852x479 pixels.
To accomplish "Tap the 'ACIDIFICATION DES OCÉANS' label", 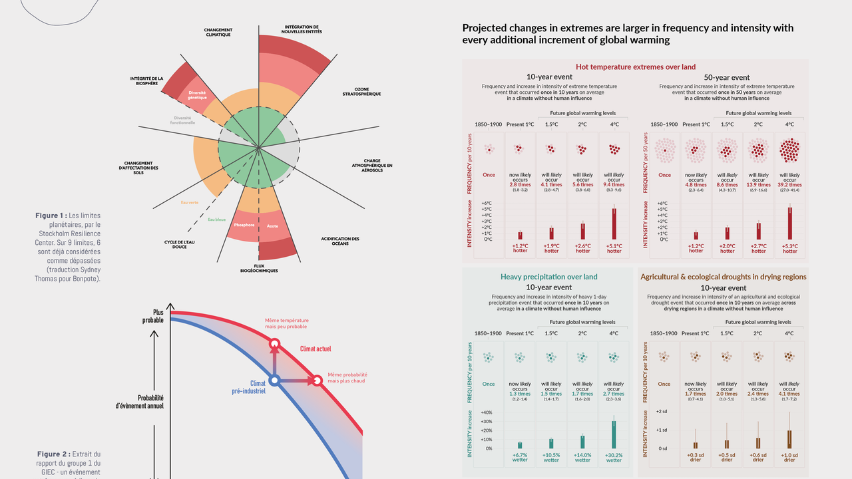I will click(x=339, y=241).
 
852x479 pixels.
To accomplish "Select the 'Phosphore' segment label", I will click(x=244, y=225).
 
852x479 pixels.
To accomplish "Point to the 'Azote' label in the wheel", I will click(x=272, y=226).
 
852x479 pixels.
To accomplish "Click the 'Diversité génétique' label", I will click(x=197, y=95).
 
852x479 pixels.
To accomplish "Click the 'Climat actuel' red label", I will click(x=316, y=349).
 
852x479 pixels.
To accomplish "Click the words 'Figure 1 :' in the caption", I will click(x=51, y=216).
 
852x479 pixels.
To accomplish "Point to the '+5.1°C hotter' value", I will click(x=614, y=248).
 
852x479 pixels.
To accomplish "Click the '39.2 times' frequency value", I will click(x=789, y=185).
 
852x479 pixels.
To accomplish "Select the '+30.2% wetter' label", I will click(x=614, y=457).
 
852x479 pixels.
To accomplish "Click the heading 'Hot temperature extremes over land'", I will click(x=636, y=67).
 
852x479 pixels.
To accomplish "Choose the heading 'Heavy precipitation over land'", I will click(x=549, y=277).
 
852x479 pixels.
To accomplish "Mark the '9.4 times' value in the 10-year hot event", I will click(x=614, y=185).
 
